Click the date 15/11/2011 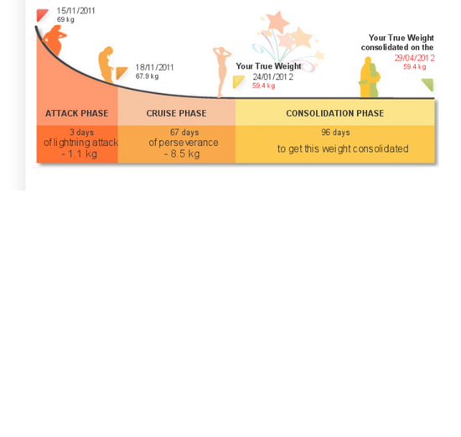click(x=75, y=11)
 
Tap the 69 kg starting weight click(x=65, y=20)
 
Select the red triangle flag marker click(x=42, y=15)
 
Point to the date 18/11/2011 click(x=154, y=67)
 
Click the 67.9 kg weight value click(x=147, y=76)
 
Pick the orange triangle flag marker click(x=121, y=73)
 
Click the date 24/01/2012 click(x=273, y=77)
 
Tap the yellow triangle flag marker click(x=238, y=81)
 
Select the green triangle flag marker click(x=428, y=84)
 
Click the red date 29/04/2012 click(x=415, y=58)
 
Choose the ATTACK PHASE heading click(x=77, y=113)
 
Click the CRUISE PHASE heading click(x=176, y=113)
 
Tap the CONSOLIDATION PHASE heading click(x=335, y=113)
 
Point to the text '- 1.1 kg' click(x=80, y=153)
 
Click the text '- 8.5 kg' click(x=182, y=153)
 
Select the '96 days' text click(x=335, y=133)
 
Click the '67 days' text click(x=184, y=133)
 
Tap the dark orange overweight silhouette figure click(x=55, y=40)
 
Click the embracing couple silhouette click(x=370, y=77)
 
